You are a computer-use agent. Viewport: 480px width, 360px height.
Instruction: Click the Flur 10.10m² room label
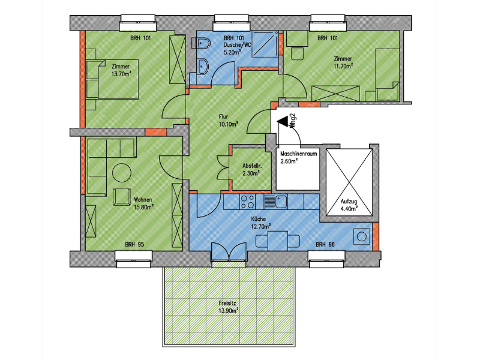pos(229,121)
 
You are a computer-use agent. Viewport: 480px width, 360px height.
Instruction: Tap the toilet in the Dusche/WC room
pos(200,43)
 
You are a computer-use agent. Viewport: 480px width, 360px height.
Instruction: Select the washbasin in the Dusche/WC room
pos(203,67)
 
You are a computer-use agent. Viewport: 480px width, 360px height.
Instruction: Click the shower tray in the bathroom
pos(265,44)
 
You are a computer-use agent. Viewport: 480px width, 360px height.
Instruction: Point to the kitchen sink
pos(275,202)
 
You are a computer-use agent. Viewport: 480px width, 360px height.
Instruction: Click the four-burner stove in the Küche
pos(247,202)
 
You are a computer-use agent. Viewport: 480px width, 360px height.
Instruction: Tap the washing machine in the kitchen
pos(362,236)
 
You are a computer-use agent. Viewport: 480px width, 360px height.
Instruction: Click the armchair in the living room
pos(122,197)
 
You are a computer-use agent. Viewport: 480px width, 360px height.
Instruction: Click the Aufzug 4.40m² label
pos(349,205)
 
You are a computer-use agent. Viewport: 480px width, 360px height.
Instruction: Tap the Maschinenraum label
pos(298,154)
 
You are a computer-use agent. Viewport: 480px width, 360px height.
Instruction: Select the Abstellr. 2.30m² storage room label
pos(252,169)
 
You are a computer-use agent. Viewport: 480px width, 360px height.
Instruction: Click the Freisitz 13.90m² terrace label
pos(229,307)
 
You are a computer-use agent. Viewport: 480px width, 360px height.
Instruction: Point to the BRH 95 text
pos(134,245)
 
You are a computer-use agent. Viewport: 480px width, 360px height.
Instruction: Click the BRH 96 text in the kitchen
pos(325,245)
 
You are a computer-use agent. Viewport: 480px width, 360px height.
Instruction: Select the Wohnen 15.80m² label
pos(143,203)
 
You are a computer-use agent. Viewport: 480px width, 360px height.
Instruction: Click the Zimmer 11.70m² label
pos(343,62)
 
